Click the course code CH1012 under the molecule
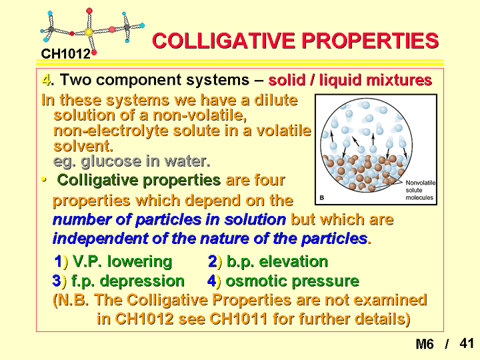point(65,54)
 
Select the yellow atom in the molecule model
point(89,32)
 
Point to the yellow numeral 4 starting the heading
point(46,80)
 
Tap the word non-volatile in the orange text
point(199,115)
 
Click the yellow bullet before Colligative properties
point(44,179)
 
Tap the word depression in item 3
point(143,281)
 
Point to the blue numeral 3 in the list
point(57,281)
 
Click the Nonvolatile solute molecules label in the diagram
point(420,190)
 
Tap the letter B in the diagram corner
point(322,198)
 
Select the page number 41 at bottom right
point(467,343)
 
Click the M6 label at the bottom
point(425,344)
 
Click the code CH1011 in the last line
point(239,319)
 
